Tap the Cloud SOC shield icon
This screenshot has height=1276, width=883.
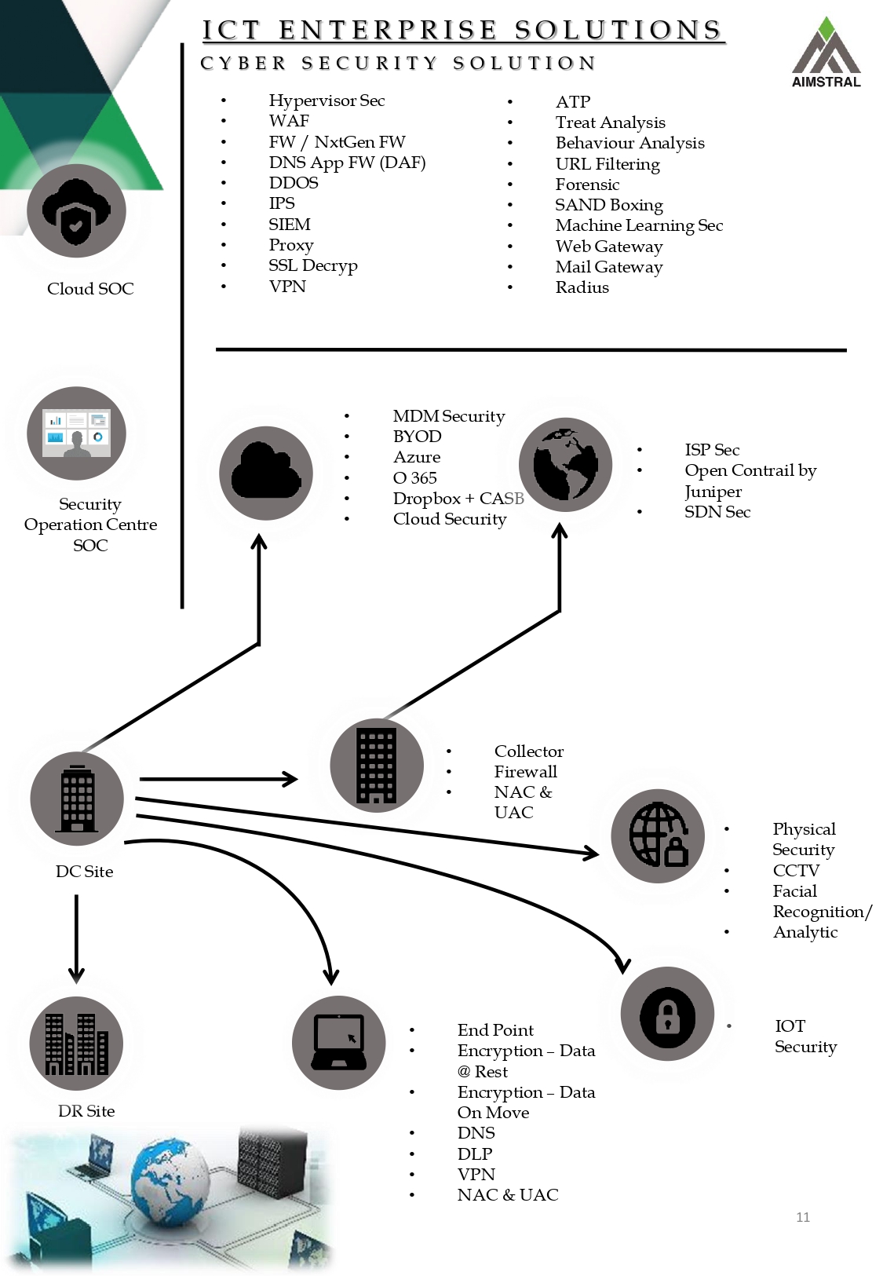click(76, 211)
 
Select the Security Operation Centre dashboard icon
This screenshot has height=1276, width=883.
click(76, 433)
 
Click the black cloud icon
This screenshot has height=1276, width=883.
click(266, 473)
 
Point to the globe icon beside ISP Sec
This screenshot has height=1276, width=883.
click(565, 465)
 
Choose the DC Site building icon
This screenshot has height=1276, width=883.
click(77, 799)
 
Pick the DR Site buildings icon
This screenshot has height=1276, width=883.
click(76, 1044)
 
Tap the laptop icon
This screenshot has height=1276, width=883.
click(338, 1043)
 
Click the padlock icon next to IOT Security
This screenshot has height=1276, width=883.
click(667, 1014)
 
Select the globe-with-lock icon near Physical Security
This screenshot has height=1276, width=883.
click(658, 835)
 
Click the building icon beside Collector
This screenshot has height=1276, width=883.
click(377, 765)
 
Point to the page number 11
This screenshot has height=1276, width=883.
click(802, 1217)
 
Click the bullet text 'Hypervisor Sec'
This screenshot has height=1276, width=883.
click(327, 101)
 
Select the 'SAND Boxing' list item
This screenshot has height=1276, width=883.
click(609, 205)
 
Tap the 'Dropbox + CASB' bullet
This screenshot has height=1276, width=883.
click(458, 499)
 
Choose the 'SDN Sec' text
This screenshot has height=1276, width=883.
click(717, 512)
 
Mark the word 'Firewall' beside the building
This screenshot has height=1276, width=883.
click(525, 772)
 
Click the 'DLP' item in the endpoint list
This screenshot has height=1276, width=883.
click(475, 1154)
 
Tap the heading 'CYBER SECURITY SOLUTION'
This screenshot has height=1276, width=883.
click(398, 64)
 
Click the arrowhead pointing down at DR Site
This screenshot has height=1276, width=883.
click(76, 975)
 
